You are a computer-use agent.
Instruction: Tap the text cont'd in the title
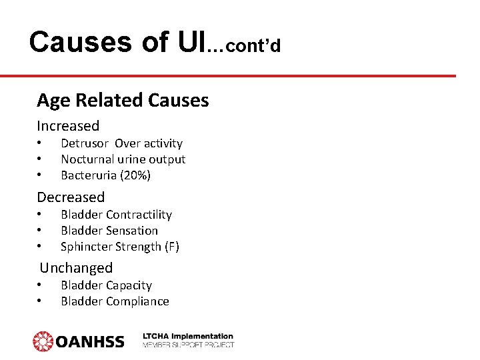tap(253, 45)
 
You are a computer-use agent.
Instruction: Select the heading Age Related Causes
tap(123, 100)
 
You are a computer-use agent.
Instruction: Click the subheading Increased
tap(68, 126)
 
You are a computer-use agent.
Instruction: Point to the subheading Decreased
tap(71, 197)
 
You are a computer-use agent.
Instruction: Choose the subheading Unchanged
tap(76, 268)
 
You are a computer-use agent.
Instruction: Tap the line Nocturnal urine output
tap(123, 159)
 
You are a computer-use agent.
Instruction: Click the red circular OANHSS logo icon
tap(43, 341)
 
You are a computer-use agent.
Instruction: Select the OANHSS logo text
tap(89, 341)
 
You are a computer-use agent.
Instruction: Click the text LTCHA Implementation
tap(188, 337)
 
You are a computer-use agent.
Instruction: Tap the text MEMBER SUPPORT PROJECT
tap(188, 345)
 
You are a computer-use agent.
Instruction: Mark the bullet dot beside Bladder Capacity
tap(39, 285)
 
